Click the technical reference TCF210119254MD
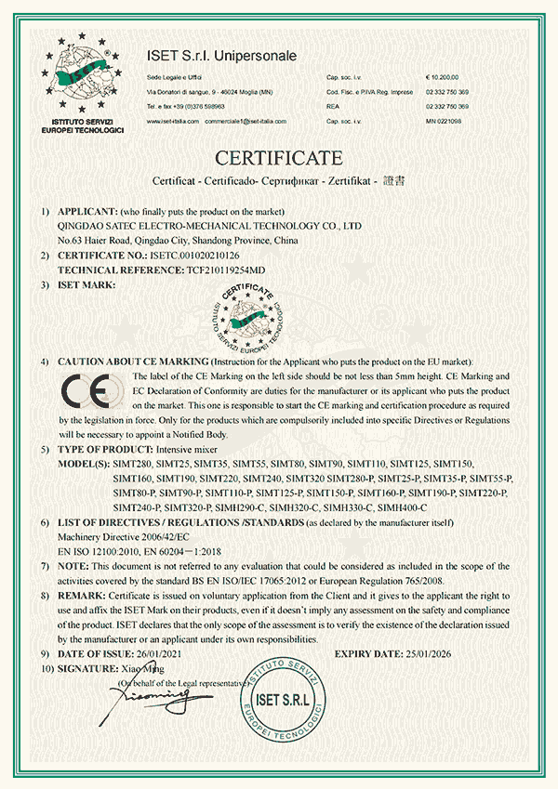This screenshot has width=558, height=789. [239, 269]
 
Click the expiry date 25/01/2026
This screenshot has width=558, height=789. [443, 655]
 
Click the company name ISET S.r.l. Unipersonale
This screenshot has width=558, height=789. [221, 57]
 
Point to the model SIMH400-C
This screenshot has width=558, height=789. [401, 506]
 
